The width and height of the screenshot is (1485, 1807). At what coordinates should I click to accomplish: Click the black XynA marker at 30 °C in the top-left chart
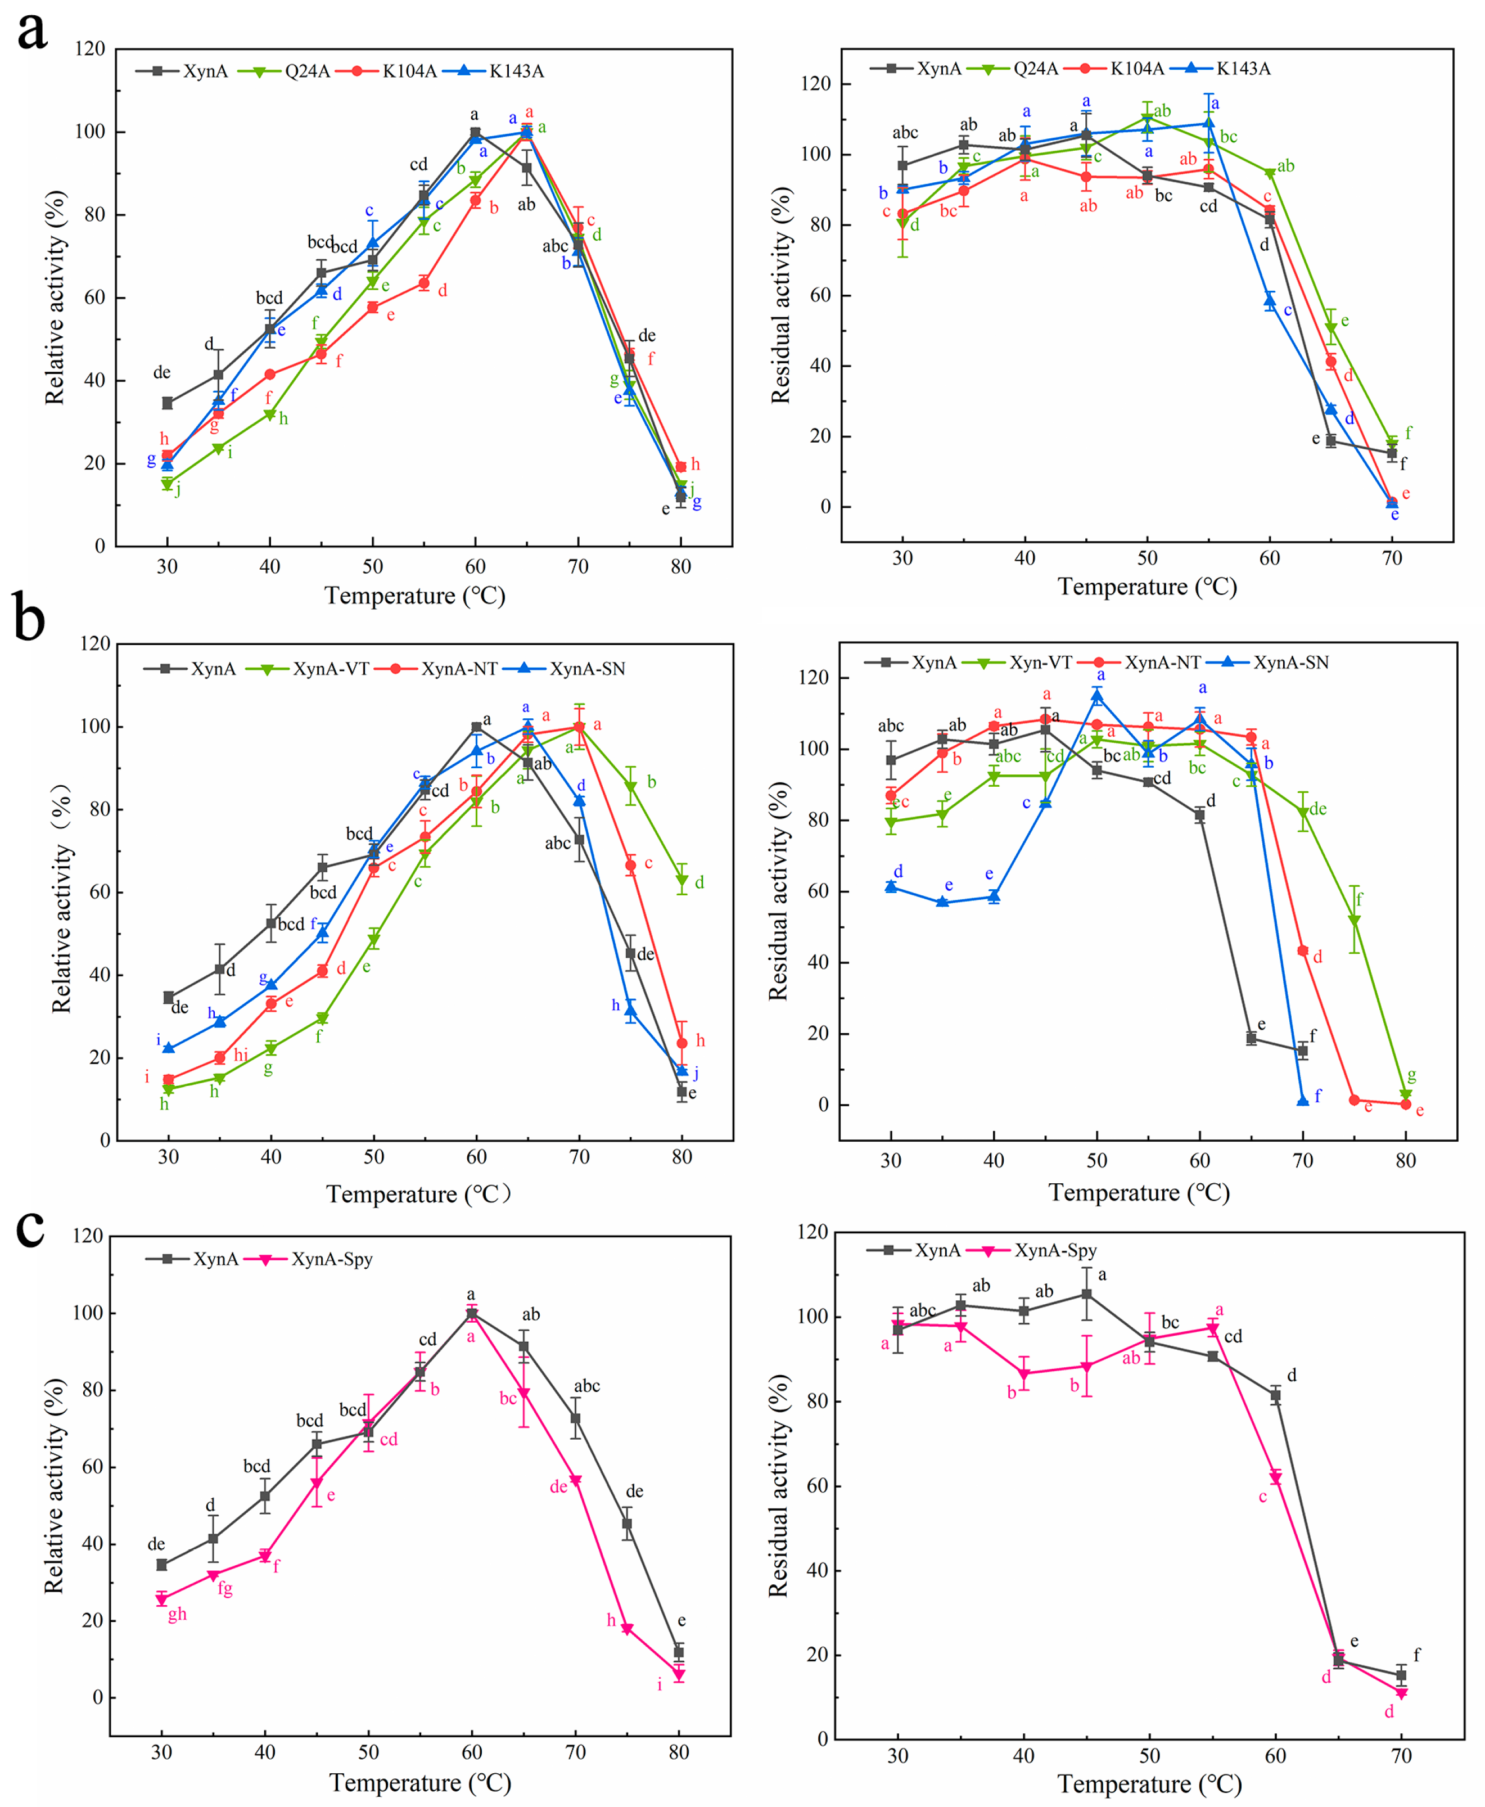pos(168,403)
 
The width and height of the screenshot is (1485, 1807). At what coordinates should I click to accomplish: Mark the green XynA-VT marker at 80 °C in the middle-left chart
pos(681,880)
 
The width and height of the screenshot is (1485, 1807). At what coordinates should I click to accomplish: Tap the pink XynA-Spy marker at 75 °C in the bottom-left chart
pos(627,1630)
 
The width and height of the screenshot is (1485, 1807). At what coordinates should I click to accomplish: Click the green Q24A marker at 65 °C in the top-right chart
pos(1330,328)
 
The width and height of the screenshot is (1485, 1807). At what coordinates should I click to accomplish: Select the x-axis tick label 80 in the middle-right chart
pos(1406,1161)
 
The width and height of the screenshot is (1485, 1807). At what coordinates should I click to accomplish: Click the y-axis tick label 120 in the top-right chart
pos(814,84)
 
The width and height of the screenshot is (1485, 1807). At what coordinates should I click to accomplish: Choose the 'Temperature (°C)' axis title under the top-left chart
pos(415,596)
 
